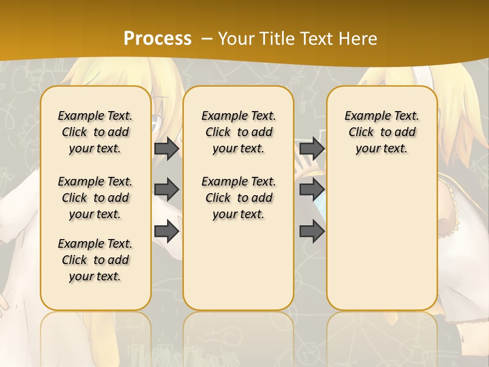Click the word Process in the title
click(x=157, y=38)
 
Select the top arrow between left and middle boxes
click(x=167, y=149)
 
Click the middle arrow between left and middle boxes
click(x=167, y=190)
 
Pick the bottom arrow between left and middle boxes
click(x=167, y=232)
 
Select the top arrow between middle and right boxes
click(x=312, y=149)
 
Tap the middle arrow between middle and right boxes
click(x=312, y=190)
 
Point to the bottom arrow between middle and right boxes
click(x=312, y=232)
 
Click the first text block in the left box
click(x=95, y=132)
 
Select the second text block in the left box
click(x=95, y=198)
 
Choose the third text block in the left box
click(x=95, y=260)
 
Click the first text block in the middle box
click(x=238, y=132)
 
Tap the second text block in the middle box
click(x=238, y=198)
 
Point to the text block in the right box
click(x=382, y=132)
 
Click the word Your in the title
click(x=235, y=38)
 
